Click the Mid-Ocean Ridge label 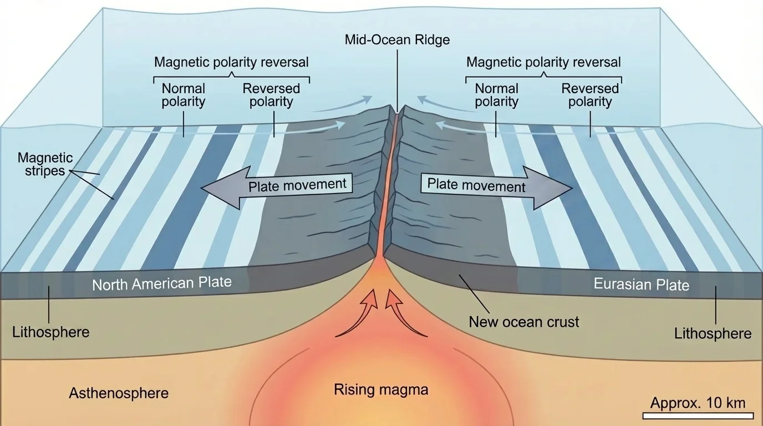point(397,40)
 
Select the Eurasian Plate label point(641,285)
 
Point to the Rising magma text point(381,389)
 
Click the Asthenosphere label point(119,393)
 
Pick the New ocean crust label point(524,321)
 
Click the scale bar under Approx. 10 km point(698,415)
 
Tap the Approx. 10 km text point(698,403)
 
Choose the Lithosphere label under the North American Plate point(50,332)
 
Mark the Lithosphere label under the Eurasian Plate point(713,333)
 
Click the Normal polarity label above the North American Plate point(183,95)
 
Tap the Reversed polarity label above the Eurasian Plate point(590,95)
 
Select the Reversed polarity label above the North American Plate point(271,95)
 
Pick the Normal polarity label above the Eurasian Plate point(496,95)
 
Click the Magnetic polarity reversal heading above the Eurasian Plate point(543,62)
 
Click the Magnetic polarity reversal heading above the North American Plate point(231,62)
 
